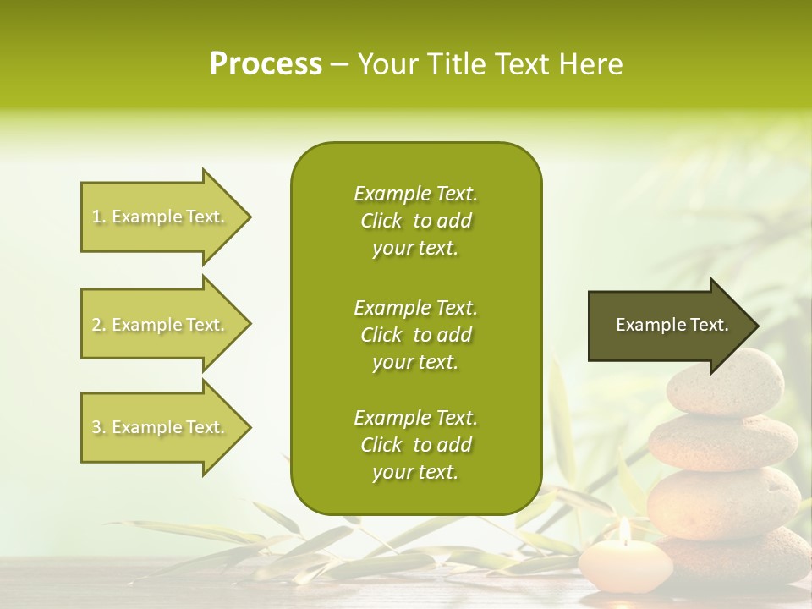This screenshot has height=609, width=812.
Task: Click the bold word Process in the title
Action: pyautogui.click(x=266, y=64)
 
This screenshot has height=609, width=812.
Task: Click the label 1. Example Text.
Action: pyautogui.click(x=157, y=217)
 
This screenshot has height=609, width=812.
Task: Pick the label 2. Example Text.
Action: pyautogui.click(x=157, y=325)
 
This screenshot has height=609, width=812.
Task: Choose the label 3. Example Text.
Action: pyautogui.click(x=157, y=427)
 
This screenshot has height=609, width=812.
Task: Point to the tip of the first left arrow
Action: pyautogui.click(x=250, y=217)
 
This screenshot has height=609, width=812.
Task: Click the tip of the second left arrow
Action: pyautogui.click(x=250, y=325)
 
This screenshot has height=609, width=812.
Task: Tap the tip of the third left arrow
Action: pyautogui.click(x=250, y=427)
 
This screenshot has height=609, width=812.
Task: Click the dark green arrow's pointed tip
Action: pyautogui.click(x=757, y=326)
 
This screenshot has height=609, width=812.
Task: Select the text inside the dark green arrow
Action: pyautogui.click(x=672, y=325)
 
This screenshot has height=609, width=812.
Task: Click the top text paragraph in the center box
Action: pyautogui.click(x=415, y=221)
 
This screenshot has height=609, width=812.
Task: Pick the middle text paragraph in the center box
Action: pyautogui.click(x=415, y=335)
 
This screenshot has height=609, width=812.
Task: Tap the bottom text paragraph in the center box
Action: pyautogui.click(x=415, y=445)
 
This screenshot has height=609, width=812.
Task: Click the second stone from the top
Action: pyautogui.click(x=723, y=442)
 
